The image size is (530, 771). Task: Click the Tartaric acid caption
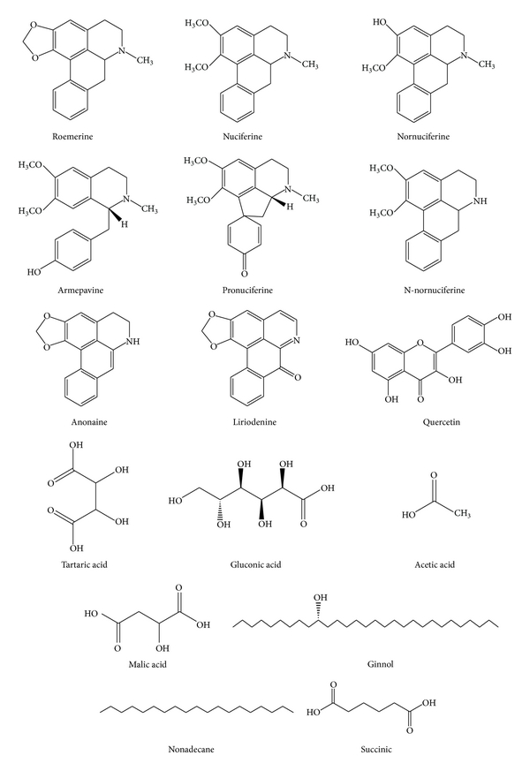pos(92,563)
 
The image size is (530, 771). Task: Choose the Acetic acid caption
pos(434,563)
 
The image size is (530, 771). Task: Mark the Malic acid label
pos(145,661)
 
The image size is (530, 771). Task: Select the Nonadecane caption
pos(195,749)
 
